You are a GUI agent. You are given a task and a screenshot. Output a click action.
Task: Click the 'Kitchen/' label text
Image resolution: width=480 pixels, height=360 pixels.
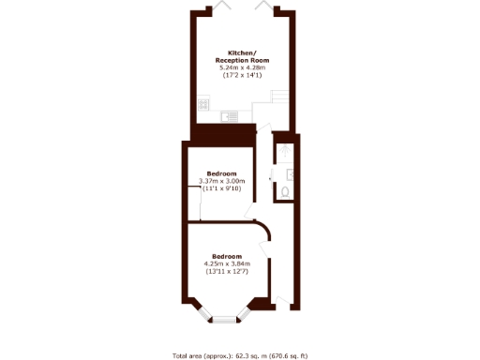pyautogui.click(x=243, y=52)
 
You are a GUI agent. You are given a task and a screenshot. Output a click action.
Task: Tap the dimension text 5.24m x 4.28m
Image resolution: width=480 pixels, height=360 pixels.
pyautogui.click(x=242, y=67)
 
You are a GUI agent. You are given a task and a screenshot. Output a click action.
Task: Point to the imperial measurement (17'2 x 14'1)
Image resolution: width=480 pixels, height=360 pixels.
pyautogui.click(x=242, y=75)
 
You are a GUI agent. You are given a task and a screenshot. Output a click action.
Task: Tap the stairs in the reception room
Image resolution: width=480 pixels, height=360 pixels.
pyautogui.click(x=280, y=97)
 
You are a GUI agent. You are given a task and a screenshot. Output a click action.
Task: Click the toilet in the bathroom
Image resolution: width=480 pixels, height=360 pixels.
pyautogui.click(x=284, y=192)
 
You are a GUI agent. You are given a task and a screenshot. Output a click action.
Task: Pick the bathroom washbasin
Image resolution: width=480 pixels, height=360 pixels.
pyautogui.click(x=292, y=173)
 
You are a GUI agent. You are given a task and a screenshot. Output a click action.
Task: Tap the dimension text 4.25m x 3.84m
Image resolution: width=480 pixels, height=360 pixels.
pyautogui.click(x=227, y=263)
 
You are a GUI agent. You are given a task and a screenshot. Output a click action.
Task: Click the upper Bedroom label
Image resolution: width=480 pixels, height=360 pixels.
pyautogui.click(x=221, y=173)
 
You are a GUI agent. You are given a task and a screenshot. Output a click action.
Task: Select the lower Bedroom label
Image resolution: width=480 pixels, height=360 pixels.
pyautogui.click(x=227, y=256)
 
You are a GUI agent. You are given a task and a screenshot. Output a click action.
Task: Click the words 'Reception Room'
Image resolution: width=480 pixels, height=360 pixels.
pyautogui.click(x=242, y=60)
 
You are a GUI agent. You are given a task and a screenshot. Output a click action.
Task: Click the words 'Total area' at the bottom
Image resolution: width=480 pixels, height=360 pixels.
pyautogui.click(x=187, y=355)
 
